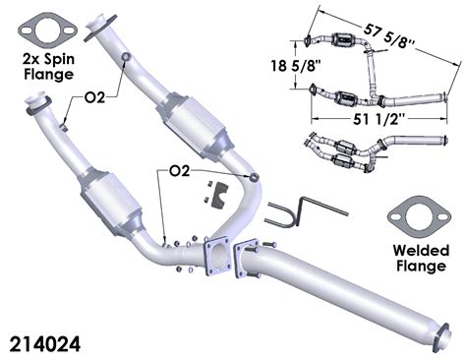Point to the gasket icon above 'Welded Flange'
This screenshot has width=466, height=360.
(419, 213)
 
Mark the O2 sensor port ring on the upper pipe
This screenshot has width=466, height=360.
(125, 60)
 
